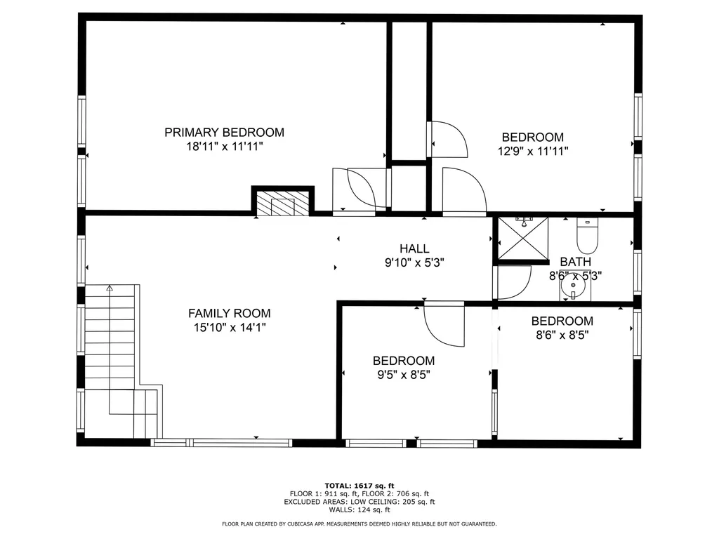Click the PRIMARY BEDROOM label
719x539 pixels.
(x=224, y=132)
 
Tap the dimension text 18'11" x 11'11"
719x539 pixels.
(x=224, y=147)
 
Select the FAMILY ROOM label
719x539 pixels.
(x=229, y=314)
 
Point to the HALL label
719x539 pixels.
(x=414, y=248)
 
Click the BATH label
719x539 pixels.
(x=575, y=262)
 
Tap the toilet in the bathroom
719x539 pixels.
(x=586, y=237)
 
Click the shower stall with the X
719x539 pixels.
(x=522, y=239)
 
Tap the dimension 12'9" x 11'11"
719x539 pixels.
(x=532, y=151)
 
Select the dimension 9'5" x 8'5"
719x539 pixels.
(x=403, y=375)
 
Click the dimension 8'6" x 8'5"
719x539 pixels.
(x=562, y=335)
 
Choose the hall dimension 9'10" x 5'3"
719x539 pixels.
(x=414, y=262)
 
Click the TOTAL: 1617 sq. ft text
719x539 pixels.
(x=359, y=486)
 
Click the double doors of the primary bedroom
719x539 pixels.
(x=359, y=189)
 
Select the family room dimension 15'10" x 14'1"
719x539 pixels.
(x=229, y=327)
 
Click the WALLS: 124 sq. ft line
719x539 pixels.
(x=359, y=510)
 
